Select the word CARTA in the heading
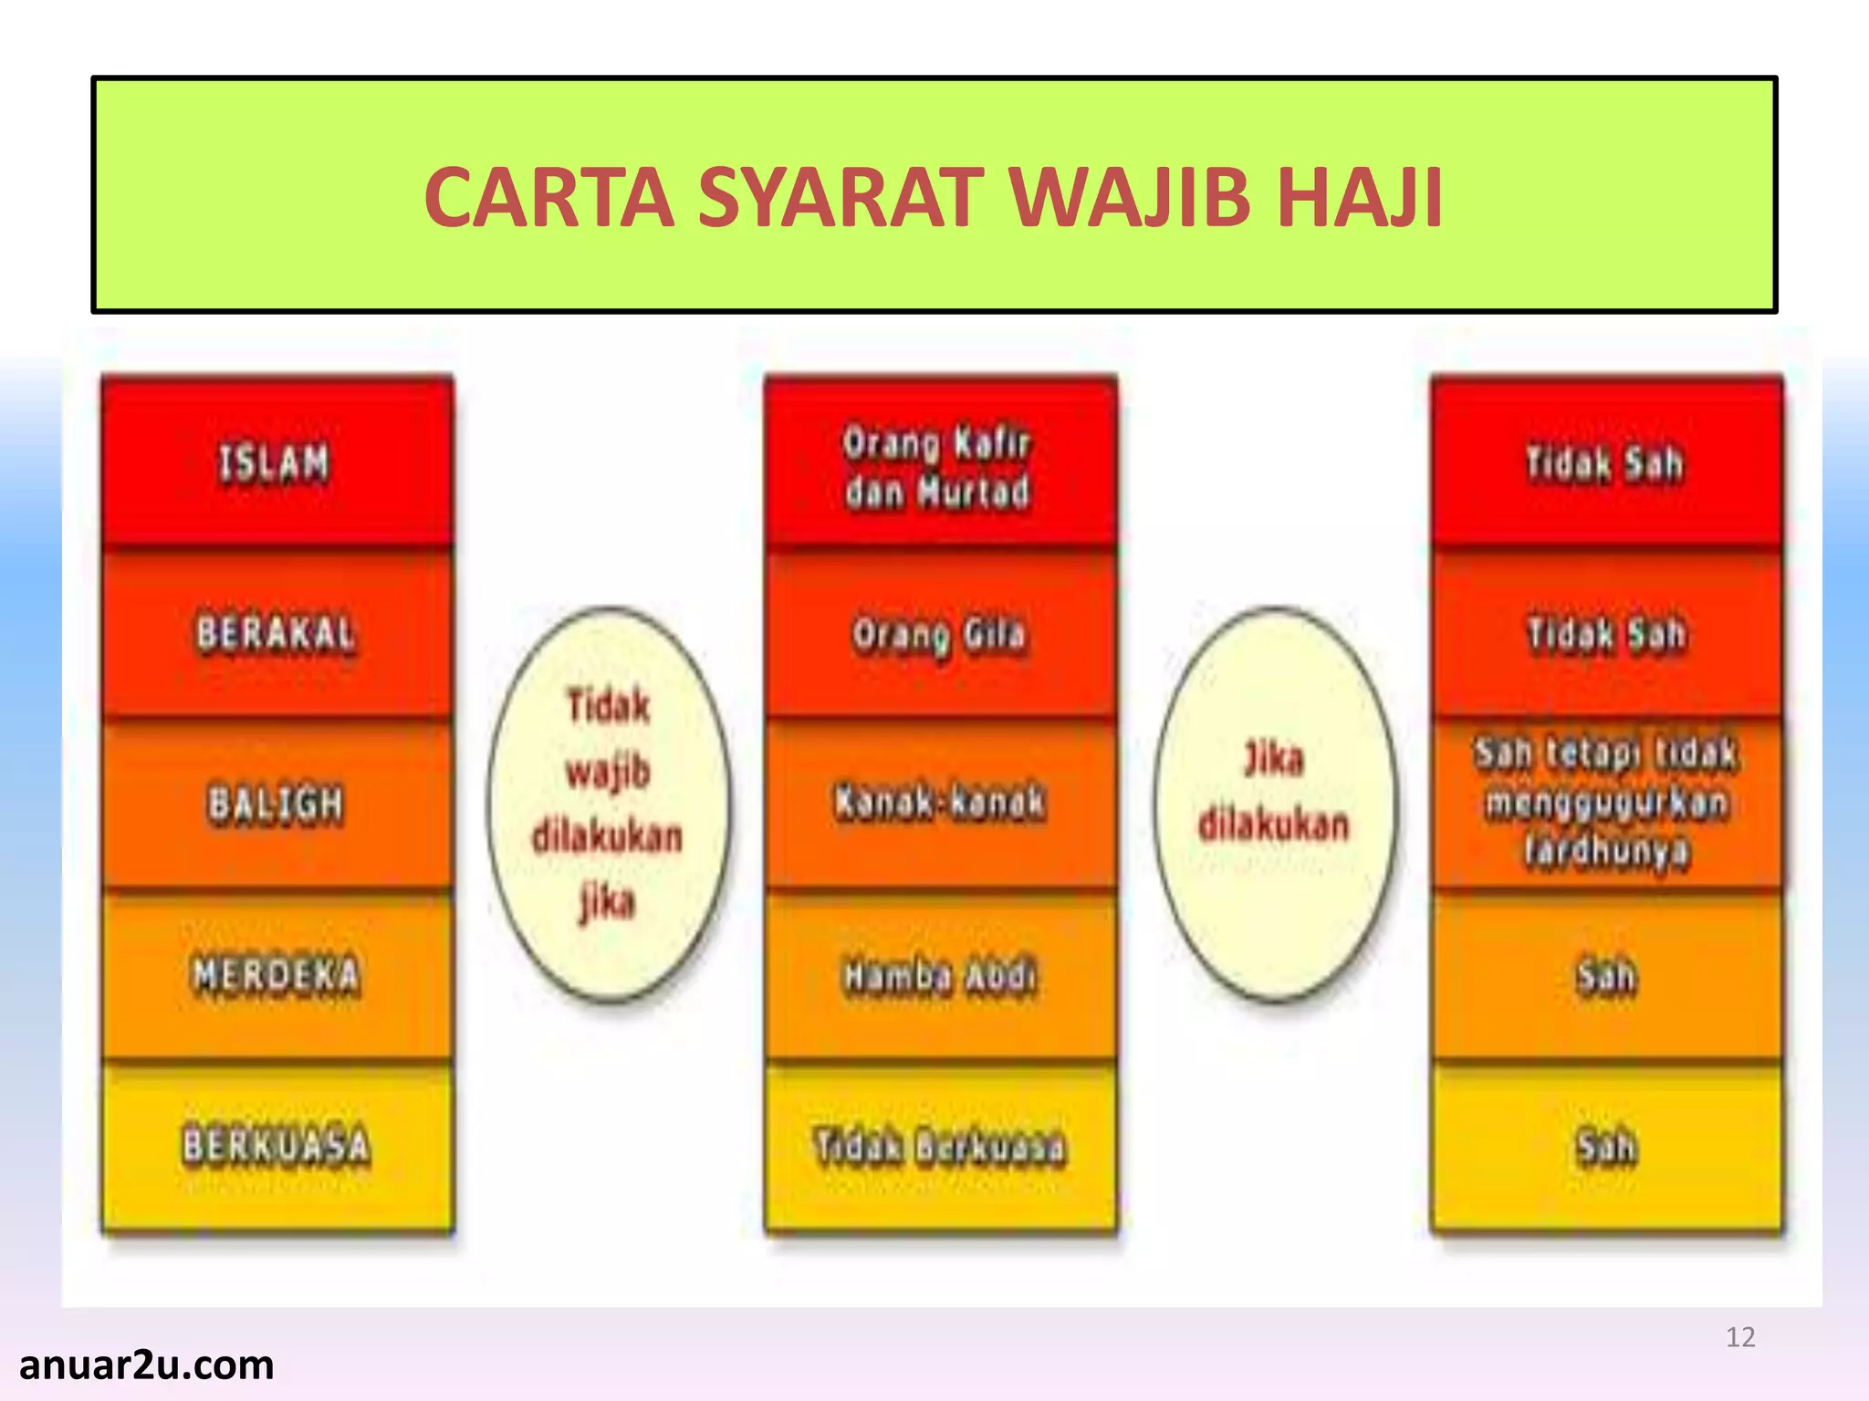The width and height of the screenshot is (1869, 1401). pyautogui.click(x=548, y=197)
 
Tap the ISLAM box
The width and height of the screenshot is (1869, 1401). pyautogui.click(x=277, y=462)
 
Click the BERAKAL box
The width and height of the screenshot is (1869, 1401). pyautogui.click(x=277, y=634)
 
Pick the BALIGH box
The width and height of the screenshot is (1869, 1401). pyautogui.click(x=277, y=804)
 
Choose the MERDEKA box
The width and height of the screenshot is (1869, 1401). pyautogui.click(x=277, y=975)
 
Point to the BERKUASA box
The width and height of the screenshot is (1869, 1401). pyautogui.click(x=277, y=1147)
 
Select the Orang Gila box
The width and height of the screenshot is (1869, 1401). pyautogui.click(x=940, y=634)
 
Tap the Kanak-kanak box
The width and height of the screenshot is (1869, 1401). pyautogui.click(x=940, y=803)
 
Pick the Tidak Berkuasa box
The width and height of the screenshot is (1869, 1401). pyautogui.click(x=940, y=1147)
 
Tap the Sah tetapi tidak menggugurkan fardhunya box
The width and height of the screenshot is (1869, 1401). pyautogui.click(x=1606, y=803)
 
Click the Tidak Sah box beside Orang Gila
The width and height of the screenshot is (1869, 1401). pyautogui.click(x=1606, y=634)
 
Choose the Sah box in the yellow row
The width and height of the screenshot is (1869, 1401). pyautogui.click(x=1606, y=1147)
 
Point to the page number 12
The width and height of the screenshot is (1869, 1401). pyautogui.click(x=1740, y=1337)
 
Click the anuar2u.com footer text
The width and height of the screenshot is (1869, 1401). pyautogui.click(x=146, y=1365)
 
